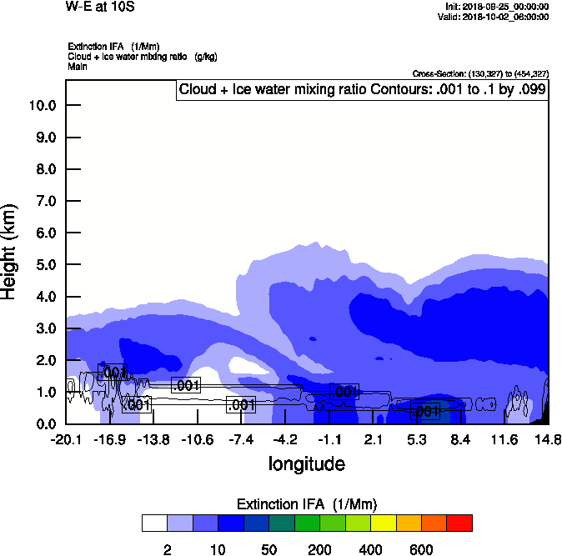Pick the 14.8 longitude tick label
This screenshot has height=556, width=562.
[548, 439]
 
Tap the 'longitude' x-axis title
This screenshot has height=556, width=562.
[306, 463]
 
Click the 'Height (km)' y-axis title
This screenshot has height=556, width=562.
[11, 251]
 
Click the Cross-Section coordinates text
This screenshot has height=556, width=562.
[480, 74]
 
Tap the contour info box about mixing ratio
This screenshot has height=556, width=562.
[362, 90]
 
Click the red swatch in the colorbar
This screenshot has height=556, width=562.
[459, 523]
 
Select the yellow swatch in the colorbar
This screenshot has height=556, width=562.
[383, 523]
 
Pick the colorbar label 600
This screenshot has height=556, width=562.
[421, 549]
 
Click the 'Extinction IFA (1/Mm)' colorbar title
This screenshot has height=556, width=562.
[308, 504]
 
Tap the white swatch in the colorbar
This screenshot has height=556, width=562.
[155, 523]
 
